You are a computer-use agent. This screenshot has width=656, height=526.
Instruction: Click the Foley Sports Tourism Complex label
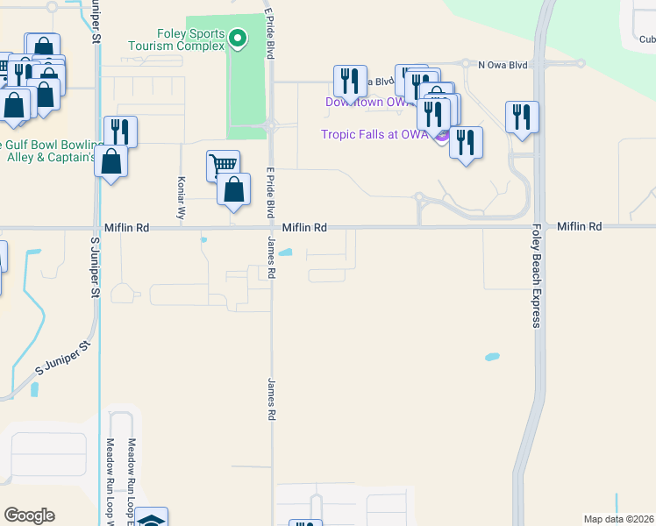point(176,40)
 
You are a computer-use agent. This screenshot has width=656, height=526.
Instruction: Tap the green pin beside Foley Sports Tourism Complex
point(237,38)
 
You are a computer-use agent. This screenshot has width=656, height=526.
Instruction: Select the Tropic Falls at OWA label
point(374,134)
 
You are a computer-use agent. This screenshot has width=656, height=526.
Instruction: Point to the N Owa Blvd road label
point(503,64)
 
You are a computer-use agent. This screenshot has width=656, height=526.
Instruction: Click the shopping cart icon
point(223,164)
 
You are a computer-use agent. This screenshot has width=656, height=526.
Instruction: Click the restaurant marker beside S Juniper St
point(120,131)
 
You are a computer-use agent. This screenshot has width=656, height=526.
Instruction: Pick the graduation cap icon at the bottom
point(152,519)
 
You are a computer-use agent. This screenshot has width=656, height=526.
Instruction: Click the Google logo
point(29,515)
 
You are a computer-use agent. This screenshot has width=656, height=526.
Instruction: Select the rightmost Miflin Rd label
point(579,226)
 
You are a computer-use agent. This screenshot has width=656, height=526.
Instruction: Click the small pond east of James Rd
point(287,255)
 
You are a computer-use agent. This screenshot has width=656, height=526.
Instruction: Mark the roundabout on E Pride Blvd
point(271,126)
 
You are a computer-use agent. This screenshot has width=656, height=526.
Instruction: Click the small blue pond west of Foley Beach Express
point(492,358)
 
